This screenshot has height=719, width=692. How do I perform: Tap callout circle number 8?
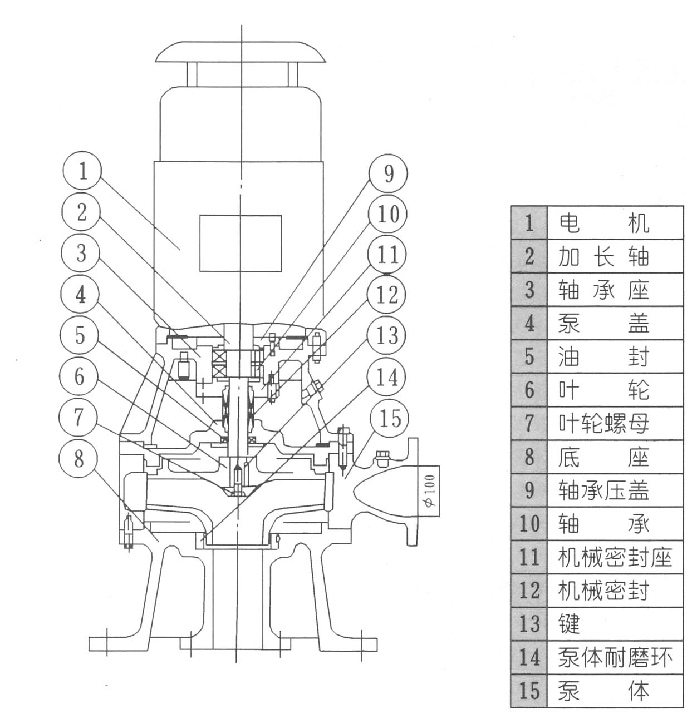click(x=79, y=459)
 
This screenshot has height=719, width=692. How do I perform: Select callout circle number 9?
click(x=388, y=173)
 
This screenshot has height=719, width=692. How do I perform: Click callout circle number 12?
click(x=388, y=295)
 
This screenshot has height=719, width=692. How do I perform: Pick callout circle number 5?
click(x=81, y=336)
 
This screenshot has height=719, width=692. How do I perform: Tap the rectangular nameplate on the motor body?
click(x=241, y=243)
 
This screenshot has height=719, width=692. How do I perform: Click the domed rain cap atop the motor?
click(x=241, y=51)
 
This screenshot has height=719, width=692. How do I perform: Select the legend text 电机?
click(x=603, y=223)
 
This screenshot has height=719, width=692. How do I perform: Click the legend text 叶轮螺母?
click(x=603, y=424)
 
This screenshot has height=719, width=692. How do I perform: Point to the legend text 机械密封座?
click(x=615, y=557)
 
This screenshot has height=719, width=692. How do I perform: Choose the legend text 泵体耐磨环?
click(x=615, y=657)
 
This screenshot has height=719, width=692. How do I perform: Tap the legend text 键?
click(x=569, y=624)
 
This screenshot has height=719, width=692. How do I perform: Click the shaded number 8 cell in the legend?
click(x=529, y=457)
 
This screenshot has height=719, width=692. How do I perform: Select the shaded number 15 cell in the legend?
click(x=529, y=691)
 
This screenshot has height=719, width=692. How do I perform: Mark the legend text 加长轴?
click(x=603, y=256)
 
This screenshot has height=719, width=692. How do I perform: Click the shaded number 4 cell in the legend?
click(x=529, y=323)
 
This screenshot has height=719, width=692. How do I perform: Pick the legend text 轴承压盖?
click(x=603, y=490)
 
